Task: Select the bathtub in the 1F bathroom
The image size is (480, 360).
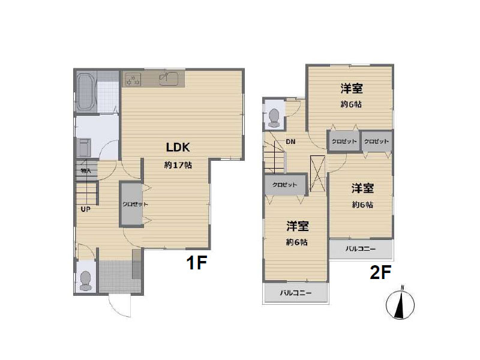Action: point(85,91)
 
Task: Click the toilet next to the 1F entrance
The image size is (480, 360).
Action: point(85,280)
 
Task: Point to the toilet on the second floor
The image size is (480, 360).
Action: point(274,116)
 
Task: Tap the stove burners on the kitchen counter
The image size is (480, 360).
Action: point(132,78)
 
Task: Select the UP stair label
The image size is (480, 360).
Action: point(86,209)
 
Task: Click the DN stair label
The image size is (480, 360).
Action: point(290,142)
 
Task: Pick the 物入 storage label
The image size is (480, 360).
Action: point(86,171)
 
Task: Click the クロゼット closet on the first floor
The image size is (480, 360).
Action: point(132,204)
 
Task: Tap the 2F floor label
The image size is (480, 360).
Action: point(380,271)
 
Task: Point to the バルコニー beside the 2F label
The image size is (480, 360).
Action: point(361,248)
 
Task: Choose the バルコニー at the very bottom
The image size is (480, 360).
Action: point(296,293)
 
